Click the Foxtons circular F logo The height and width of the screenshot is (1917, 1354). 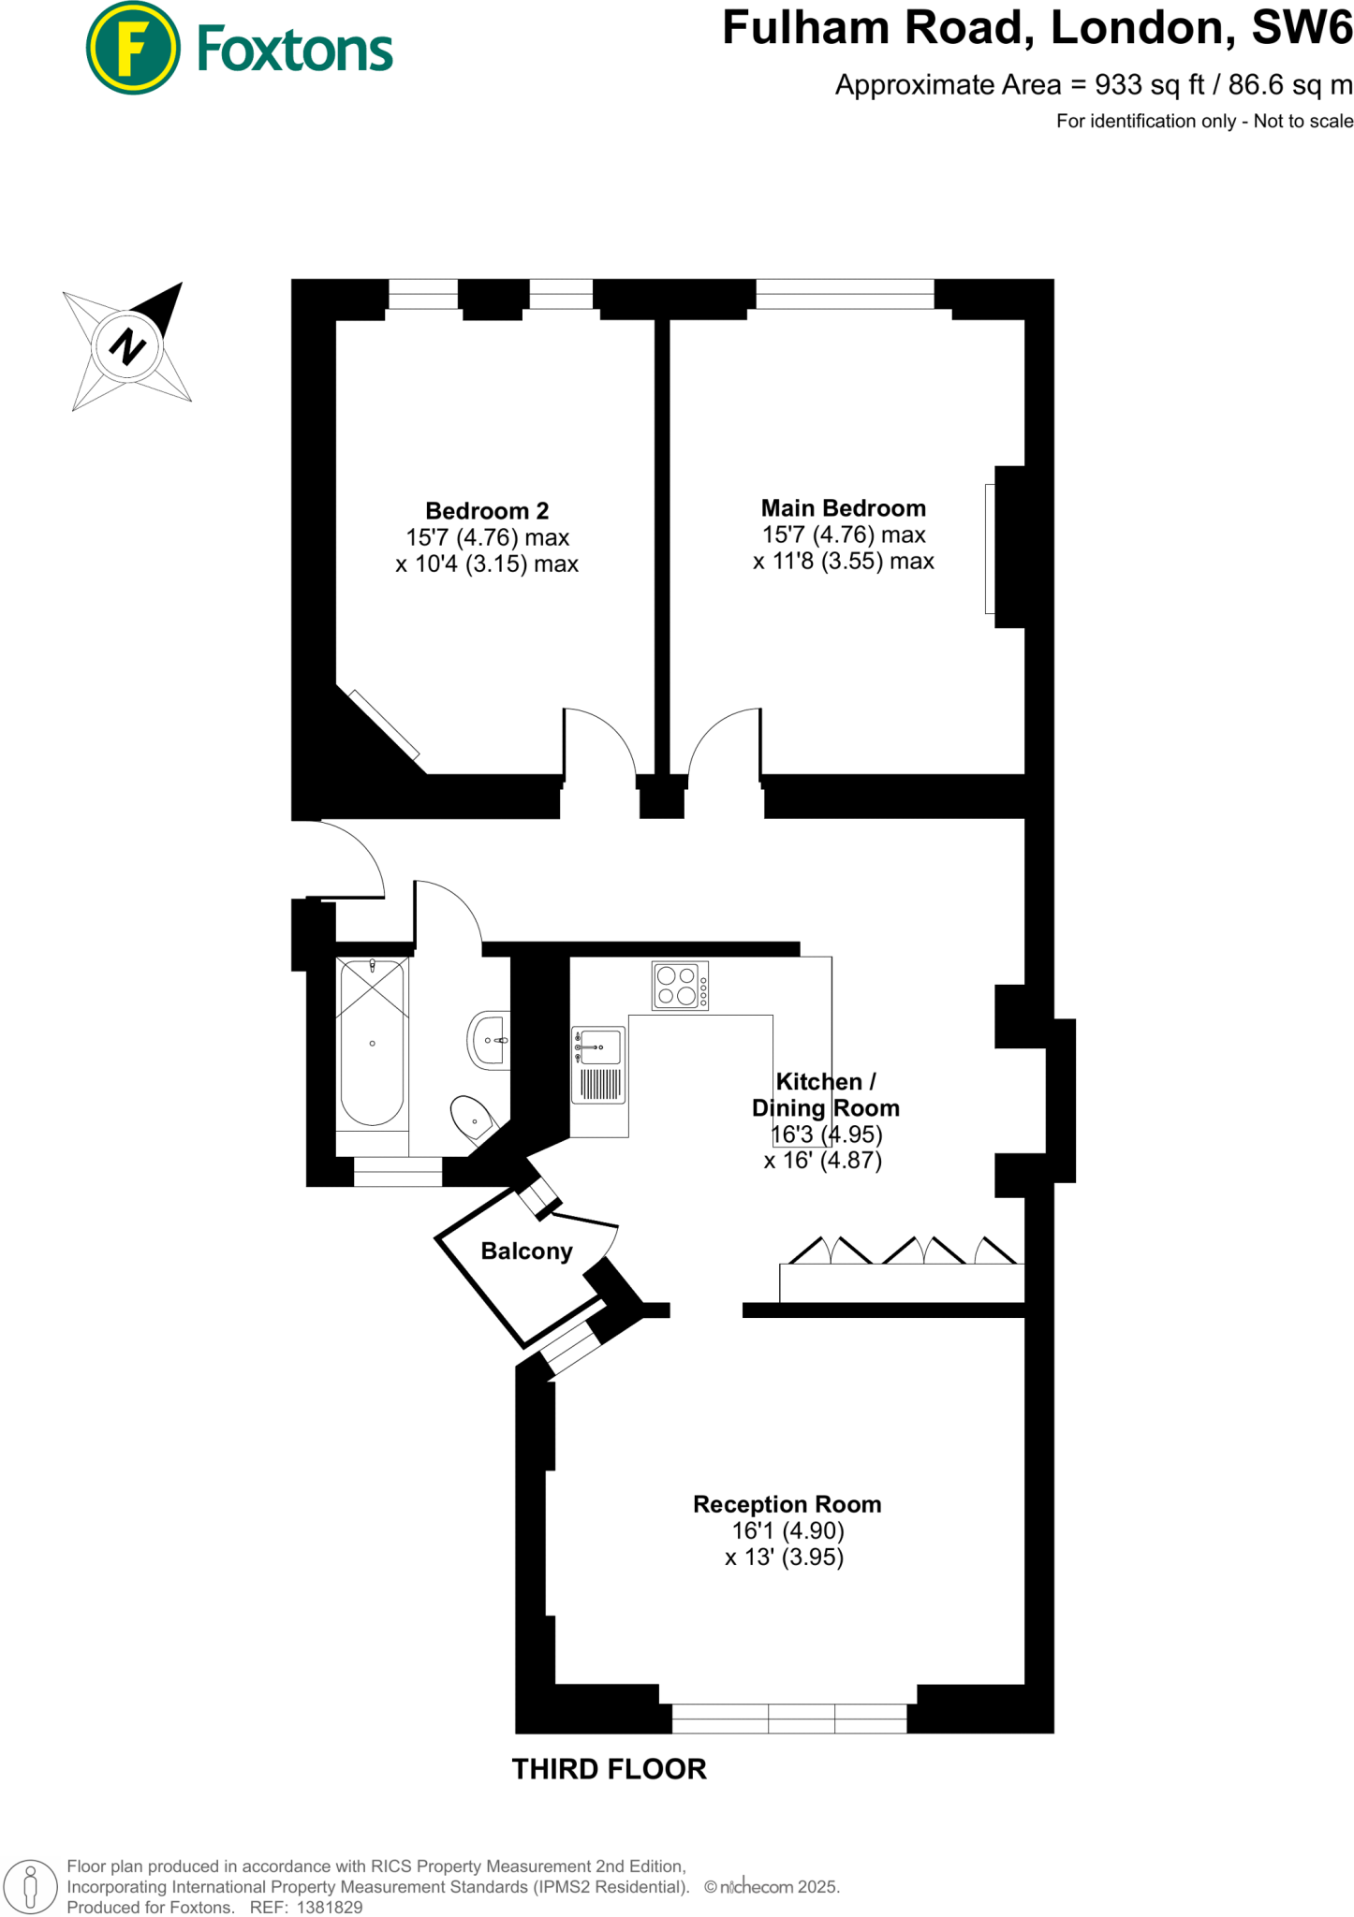132,48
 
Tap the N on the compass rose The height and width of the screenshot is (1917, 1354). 127,347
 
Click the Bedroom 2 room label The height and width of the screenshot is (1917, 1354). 487,511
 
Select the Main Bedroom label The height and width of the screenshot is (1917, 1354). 843,508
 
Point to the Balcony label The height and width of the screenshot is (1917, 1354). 526,1251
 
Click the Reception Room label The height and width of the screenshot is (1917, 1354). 787,1504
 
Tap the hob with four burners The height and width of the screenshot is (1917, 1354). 680,987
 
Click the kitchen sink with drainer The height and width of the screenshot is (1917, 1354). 598,1066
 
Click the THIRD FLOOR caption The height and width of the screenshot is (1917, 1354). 609,1769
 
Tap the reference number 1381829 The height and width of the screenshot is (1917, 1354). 329,1907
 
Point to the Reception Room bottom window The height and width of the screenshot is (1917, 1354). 789,1719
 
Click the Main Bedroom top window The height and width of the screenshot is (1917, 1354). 845,294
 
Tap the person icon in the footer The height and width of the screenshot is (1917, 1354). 30,1887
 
